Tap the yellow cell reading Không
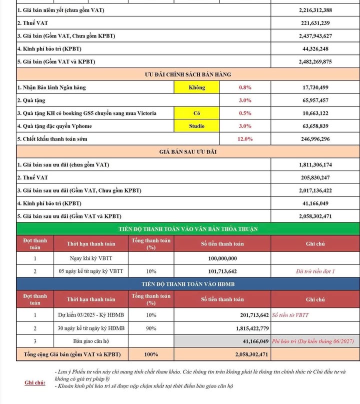click(196, 87)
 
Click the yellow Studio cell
click(196, 126)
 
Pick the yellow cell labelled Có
click(196, 113)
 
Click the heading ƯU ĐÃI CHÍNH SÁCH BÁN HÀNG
click(188, 74)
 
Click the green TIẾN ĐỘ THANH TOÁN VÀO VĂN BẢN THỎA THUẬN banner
click(188, 229)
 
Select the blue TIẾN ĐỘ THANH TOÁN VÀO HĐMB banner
click(188, 284)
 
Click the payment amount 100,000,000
click(222, 259)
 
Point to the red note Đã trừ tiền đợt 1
click(315, 271)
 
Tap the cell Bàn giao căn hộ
click(91, 341)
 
